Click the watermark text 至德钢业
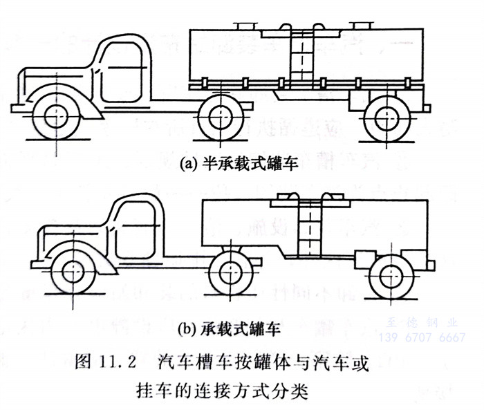pos(426,322)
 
